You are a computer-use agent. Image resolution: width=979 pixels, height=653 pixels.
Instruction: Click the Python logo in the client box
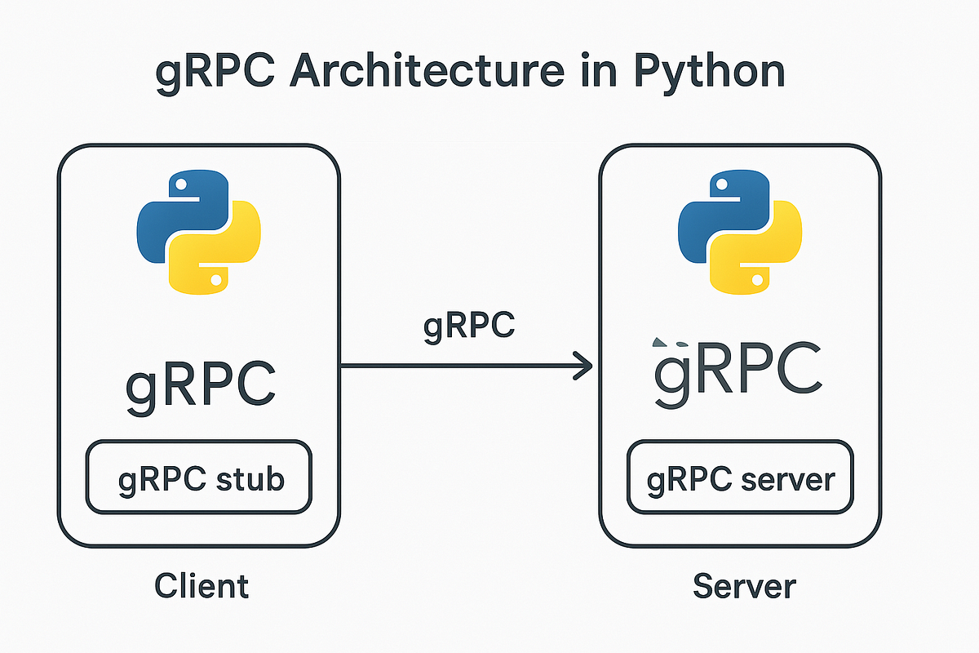pos(198,232)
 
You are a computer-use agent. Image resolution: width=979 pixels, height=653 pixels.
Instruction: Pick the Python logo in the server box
pos(740,232)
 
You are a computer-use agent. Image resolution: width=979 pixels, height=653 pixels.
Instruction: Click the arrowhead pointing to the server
pos(583,366)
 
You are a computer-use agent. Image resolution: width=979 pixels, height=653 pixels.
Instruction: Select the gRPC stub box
pos(198,478)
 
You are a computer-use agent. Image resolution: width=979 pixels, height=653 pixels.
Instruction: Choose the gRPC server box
pos(740,478)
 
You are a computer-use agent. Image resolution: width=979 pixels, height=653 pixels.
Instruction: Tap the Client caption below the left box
pos(201,585)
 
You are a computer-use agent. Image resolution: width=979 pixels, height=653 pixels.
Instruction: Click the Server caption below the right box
pos(744,585)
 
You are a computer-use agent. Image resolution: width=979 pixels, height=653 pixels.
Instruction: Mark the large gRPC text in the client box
pos(200,382)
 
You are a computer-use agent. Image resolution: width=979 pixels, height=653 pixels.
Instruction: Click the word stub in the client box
pos(250,478)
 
